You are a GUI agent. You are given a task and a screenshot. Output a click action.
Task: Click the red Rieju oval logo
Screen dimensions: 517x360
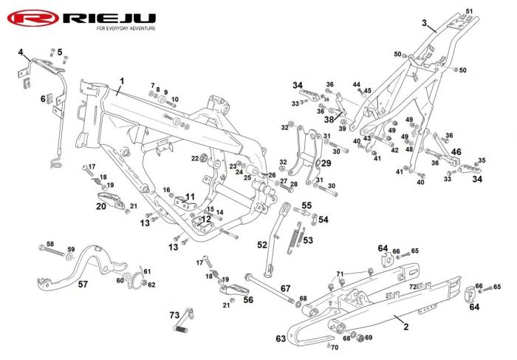click(33, 18)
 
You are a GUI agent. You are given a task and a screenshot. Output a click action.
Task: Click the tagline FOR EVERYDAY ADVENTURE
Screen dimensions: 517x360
click(126, 29)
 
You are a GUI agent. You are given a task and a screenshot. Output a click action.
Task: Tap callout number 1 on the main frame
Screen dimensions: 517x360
click(122, 81)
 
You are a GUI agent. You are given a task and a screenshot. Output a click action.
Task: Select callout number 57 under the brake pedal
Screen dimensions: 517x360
click(83, 284)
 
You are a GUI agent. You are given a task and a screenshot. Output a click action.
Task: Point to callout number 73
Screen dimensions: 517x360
click(174, 315)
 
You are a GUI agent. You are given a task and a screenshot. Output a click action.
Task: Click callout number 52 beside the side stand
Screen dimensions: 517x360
click(262, 245)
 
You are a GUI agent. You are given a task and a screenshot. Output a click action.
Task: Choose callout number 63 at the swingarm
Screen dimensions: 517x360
click(281, 339)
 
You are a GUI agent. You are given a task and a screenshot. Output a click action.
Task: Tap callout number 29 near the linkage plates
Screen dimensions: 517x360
click(326, 163)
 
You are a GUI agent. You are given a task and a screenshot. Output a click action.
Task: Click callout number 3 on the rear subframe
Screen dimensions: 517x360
click(425, 23)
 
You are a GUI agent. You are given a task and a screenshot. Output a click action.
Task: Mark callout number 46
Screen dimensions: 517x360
click(456, 152)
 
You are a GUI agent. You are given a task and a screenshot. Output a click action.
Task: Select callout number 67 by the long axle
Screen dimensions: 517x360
click(286, 288)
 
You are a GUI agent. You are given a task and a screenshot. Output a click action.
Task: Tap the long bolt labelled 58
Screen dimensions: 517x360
click(52, 251)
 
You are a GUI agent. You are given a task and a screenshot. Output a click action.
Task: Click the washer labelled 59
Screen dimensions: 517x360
click(70, 257)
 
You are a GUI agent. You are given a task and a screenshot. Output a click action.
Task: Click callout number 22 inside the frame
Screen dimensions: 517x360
click(195, 158)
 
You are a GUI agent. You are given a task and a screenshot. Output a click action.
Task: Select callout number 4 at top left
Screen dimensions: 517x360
click(21, 52)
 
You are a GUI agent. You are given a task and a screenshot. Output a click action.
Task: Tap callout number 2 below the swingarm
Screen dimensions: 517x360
click(406, 327)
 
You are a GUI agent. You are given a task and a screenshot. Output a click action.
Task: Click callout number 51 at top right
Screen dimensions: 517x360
click(469, 11)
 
